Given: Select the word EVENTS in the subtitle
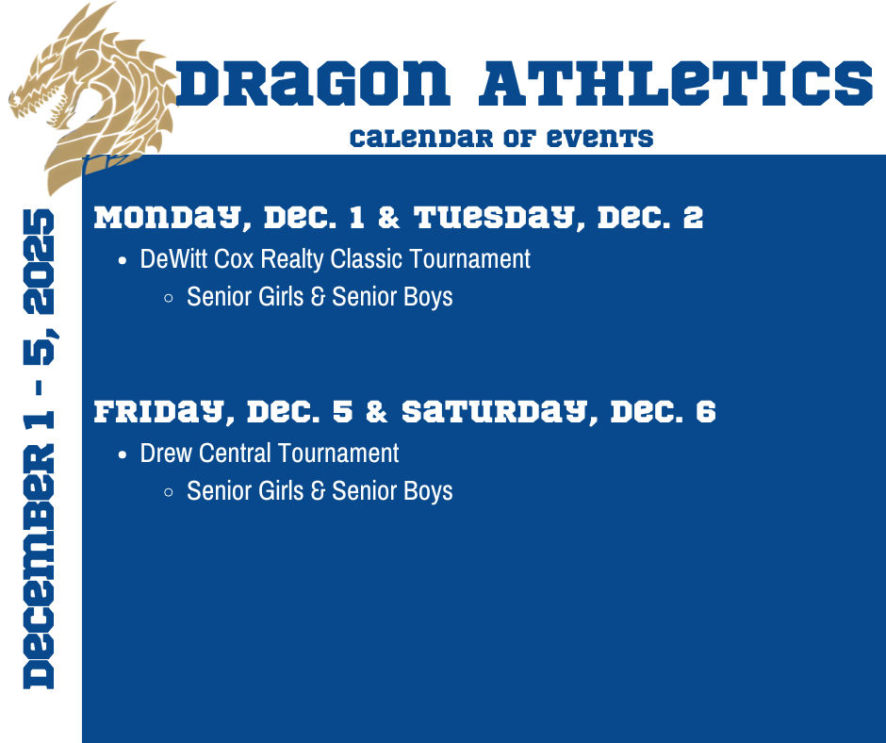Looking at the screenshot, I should point(602,139).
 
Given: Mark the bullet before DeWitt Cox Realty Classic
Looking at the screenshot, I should point(123,260).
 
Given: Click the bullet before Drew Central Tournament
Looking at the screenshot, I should point(123,454).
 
